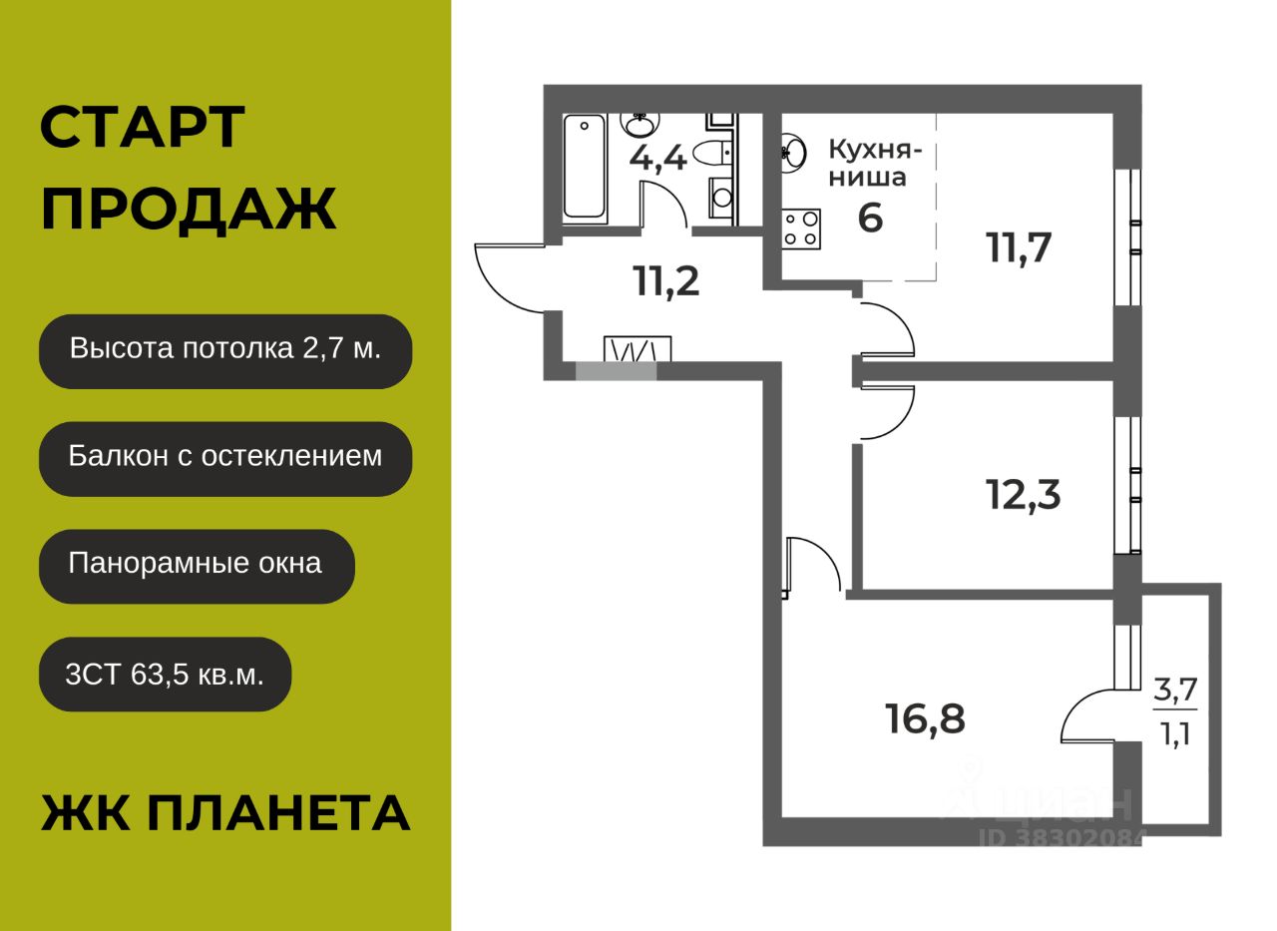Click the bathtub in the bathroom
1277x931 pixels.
coord(585,166)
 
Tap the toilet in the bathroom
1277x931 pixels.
coord(713,153)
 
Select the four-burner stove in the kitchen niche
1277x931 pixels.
coord(800,228)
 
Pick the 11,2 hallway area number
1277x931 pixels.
coord(666,282)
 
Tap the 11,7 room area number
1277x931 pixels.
coord(1020,246)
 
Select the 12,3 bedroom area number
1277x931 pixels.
coord(1024,494)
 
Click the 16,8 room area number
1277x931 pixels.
coord(925,717)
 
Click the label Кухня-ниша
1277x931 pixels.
coord(875,164)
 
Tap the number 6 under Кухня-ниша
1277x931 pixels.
coord(870,218)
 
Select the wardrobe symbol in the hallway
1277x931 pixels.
coord(638,349)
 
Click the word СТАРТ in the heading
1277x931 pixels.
coord(143,128)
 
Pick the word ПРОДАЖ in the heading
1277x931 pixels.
coord(189,211)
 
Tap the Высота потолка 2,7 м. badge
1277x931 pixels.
coord(225,350)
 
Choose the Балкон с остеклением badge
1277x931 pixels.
coord(225,458)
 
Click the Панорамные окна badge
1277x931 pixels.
coord(197,565)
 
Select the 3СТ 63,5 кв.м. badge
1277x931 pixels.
coord(166,674)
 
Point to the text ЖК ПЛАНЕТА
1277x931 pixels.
coord(225,813)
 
